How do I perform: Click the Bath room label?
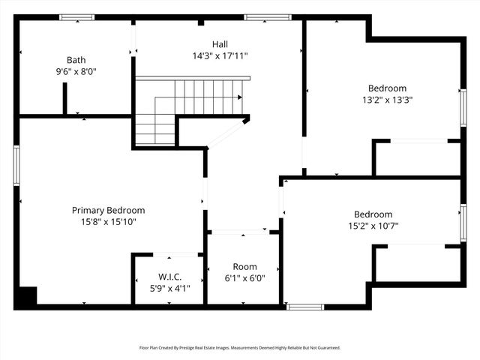(76, 60)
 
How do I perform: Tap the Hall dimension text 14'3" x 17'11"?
(220, 55)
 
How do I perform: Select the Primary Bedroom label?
(108, 211)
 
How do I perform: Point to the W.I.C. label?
(169, 277)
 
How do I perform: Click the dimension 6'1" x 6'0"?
(244, 277)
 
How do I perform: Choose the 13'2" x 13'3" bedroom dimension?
(387, 99)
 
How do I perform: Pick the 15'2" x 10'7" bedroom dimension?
(373, 225)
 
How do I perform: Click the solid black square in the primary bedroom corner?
(26, 297)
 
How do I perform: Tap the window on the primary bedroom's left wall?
(16, 165)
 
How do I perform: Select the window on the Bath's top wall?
(76, 17)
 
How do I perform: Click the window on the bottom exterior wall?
(305, 306)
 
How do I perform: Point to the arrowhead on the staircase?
(239, 97)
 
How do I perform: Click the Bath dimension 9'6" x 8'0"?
(76, 71)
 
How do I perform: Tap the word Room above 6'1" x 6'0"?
(244, 266)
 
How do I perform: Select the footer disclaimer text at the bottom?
(240, 347)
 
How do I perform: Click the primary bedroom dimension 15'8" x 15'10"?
(108, 222)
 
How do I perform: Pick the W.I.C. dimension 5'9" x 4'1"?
(169, 287)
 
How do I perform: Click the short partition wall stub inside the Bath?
(65, 98)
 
